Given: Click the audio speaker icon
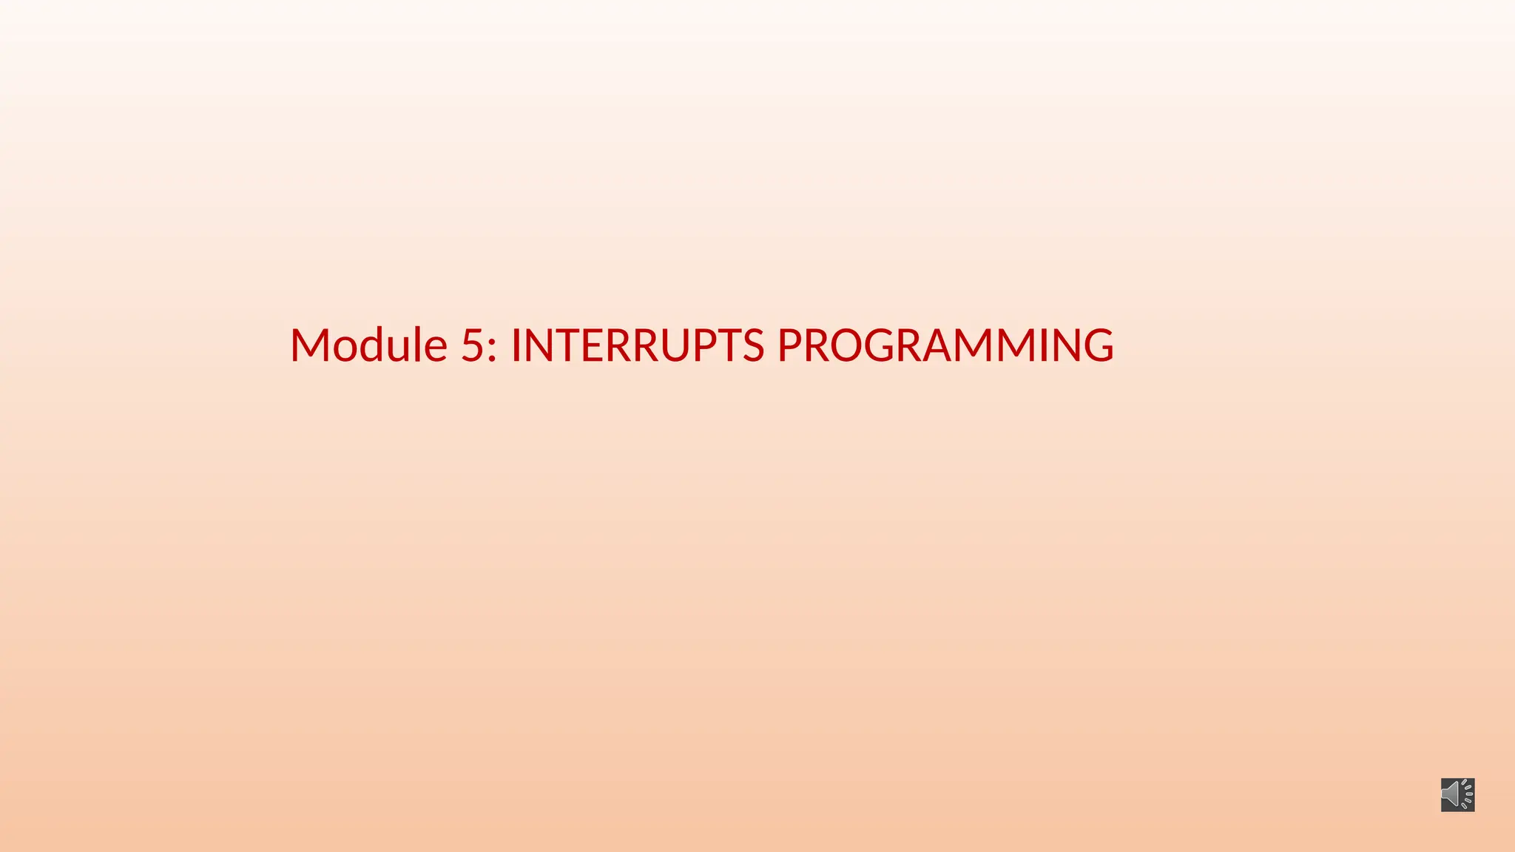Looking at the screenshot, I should click(x=1457, y=794).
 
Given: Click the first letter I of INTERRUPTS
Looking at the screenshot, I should click(x=516, y=345).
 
